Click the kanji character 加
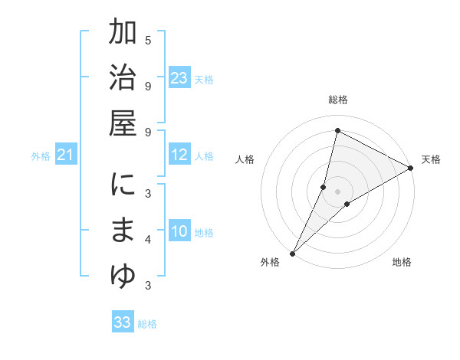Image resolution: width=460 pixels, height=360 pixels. click(123, 35)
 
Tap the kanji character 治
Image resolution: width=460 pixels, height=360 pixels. click(123, 80)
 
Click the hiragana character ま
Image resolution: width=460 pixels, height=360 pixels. click(123, 231)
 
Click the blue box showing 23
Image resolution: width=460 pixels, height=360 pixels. click(179, 78)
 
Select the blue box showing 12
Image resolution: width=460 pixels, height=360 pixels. click(179, 155)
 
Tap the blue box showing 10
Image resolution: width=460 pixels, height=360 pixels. click(179, 231)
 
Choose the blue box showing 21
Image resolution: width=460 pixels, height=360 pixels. click(66, 155)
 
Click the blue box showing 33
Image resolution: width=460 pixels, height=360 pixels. click(123, 322)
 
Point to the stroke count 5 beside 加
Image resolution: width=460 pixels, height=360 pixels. click(148, 40)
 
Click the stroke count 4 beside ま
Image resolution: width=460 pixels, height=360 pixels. click(148, 240)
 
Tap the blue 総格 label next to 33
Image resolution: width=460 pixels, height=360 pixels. click(147, 324)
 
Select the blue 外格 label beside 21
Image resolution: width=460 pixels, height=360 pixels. click(41, 156)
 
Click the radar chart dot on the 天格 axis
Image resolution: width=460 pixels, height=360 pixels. click(410, 169)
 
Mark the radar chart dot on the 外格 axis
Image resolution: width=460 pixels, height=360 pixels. click(292, 253)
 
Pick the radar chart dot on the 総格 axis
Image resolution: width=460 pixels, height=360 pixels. click(337, 131)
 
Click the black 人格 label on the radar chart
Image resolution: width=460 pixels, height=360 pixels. click(245, 159)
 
